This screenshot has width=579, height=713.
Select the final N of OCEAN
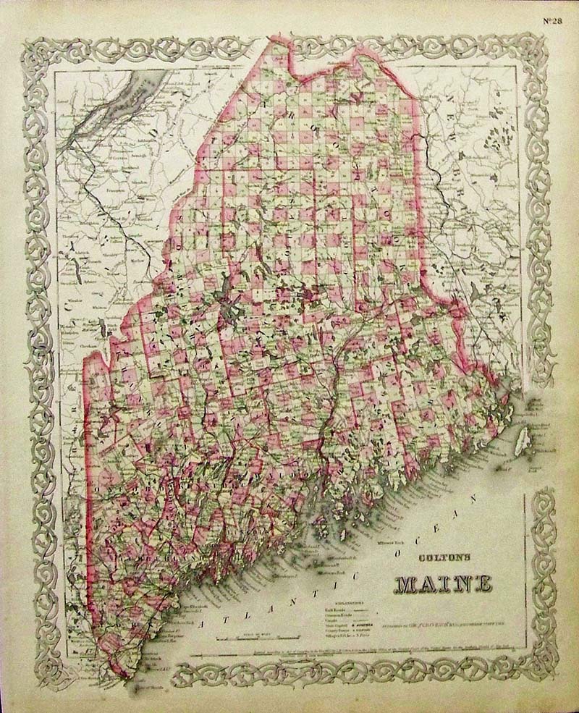click(x=475, y=499)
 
